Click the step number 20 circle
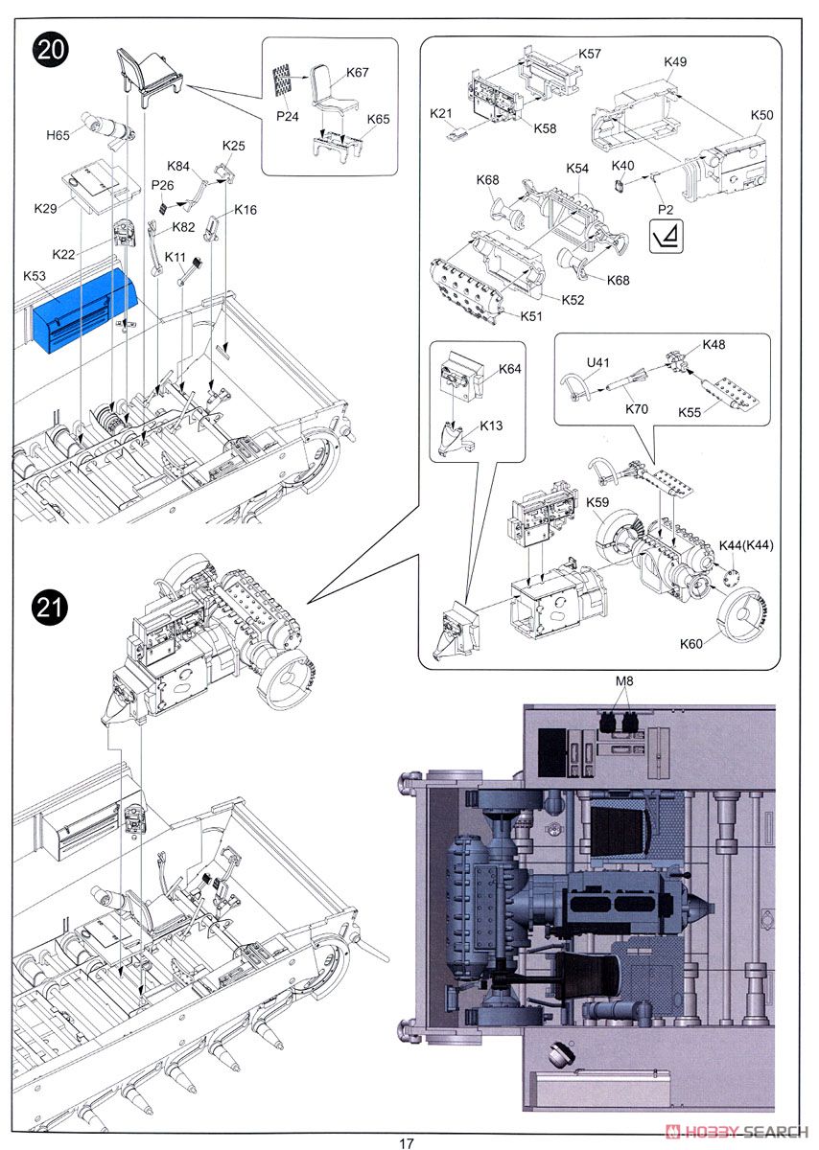click(x=50, y=50)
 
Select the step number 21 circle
click(x=50, y=608)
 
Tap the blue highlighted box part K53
click(x=85, y=311)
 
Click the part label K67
click(x=357, y=73)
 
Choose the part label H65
click(x=58, y=135)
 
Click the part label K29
click(x=45, y=209)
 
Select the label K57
click(x=590, y=54)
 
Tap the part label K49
click(x=674, y=61)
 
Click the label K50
click(x=761, y=115)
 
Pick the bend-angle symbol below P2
click(x=667, y=236)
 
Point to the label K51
click(x=530, y=316)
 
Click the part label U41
click(x=597, y=362)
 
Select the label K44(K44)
click(x=746, y=545)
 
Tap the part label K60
click(x=691, y=644)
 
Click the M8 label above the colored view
click(x=624, y=681)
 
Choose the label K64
click(x=509, y=369)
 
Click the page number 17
click(x=407, y=1143)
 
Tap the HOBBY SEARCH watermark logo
click(x=737, y=1132)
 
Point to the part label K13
click(x=491, y=425)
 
